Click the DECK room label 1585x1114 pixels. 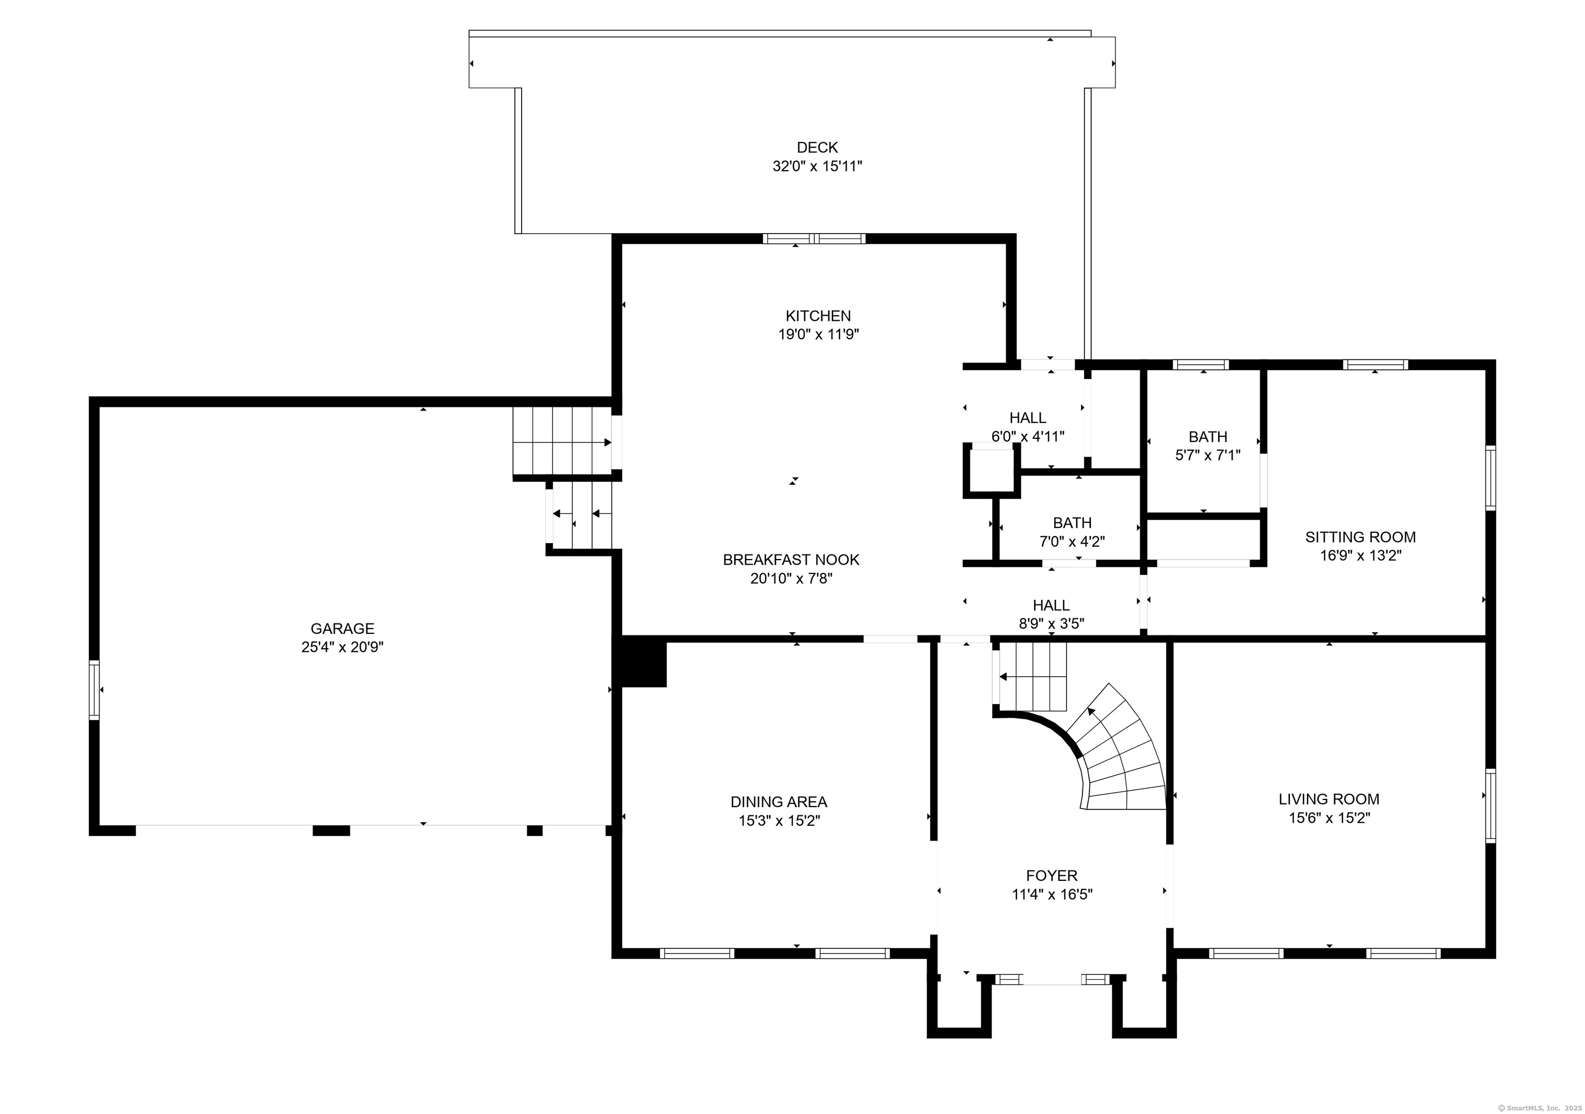(x=817, y=147)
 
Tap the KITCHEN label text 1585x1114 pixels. (x=818, y=316)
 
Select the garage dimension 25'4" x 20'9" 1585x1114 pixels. (x=343, y=647)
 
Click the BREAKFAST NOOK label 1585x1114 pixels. (x=791, y=560)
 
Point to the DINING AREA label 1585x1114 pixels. (x=779, y=802)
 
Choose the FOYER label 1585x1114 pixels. (x=1052, y=876)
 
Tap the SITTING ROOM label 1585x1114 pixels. (x=1361, y=537)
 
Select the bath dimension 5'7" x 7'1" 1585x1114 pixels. (x=1208, y=455)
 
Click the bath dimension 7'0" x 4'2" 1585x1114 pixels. (x=1072, y=542)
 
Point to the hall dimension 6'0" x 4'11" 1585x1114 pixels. (x=1028, y=436)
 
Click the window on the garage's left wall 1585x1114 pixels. (x=94, y=690)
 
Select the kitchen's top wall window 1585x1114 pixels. (x=814, y=239)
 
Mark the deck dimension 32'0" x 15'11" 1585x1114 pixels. (x=817, y=167)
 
